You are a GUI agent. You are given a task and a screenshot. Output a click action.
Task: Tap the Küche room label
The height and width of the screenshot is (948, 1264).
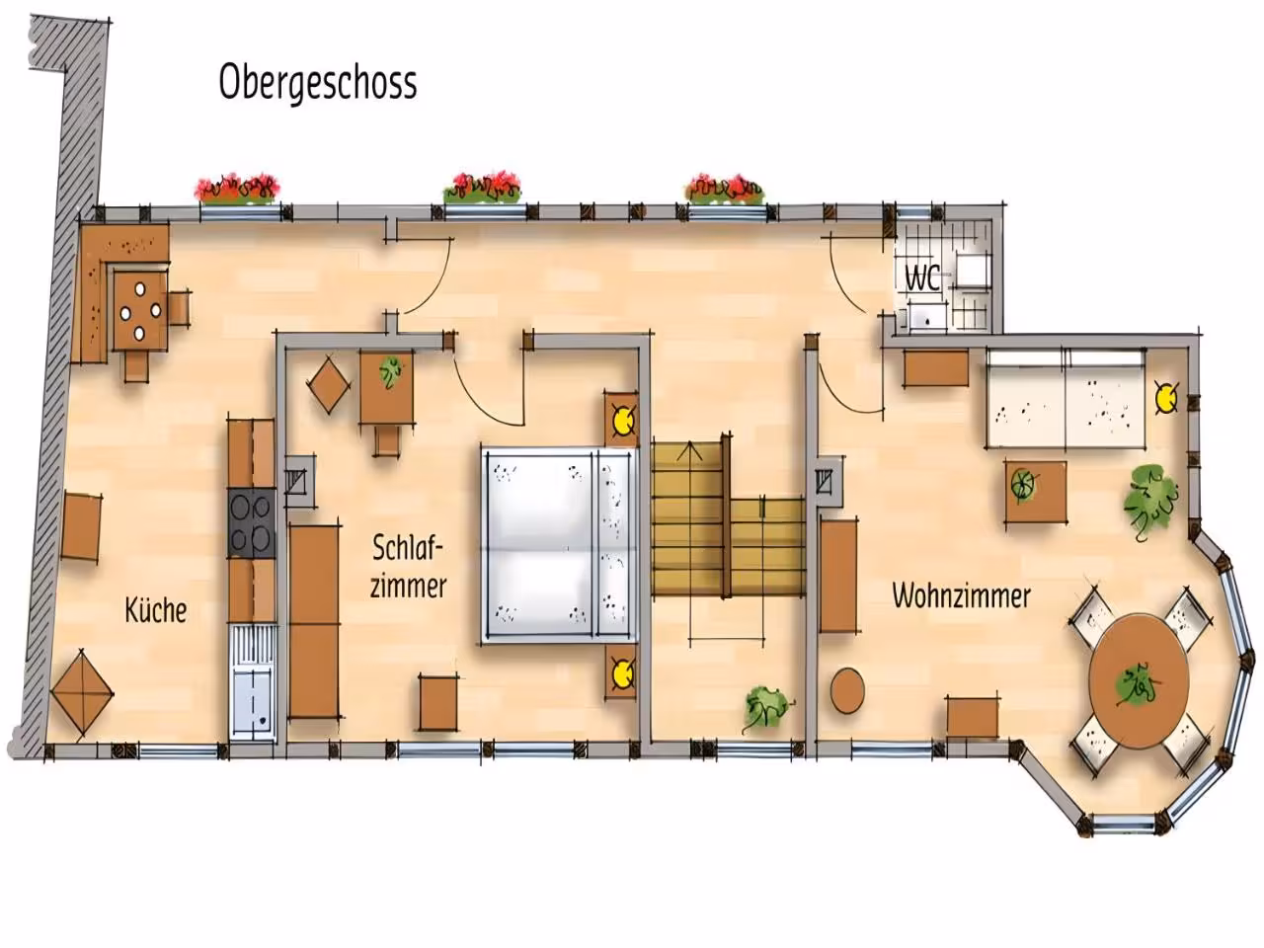pyautogui.click(x=156, y=610)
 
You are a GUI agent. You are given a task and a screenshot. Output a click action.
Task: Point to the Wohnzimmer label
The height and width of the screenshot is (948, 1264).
pyautogui.click(x=961, y=595)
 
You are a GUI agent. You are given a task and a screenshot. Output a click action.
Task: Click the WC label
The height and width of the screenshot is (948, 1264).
pyautogui.click(x=922, y=278)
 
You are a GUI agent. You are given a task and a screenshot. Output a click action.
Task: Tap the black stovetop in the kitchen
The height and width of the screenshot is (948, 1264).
pyautogui.click(x=252, y=523)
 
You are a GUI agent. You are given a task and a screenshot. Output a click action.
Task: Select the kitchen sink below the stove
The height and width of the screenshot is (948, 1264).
pyautogui.click(x=253, y=683)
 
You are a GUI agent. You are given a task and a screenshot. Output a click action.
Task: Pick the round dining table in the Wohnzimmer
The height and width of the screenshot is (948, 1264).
pyautogui.click(x=1139, y=681)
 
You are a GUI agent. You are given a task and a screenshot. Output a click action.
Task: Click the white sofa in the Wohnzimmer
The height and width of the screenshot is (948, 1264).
pyautogui.click(x=1066, y=398)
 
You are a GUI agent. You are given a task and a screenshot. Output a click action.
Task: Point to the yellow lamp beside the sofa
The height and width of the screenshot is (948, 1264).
pyautogui.click(x=1166, y=397)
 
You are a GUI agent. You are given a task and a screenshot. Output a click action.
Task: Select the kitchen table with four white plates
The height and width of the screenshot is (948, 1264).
pyautogui.click(x=140, y=311)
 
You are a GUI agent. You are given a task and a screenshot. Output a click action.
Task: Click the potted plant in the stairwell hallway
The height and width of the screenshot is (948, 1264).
pyautogui.click(x=766, y=707)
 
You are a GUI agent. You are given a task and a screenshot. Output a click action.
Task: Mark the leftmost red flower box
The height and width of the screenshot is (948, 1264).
pyautogui.click(x=237, y=189)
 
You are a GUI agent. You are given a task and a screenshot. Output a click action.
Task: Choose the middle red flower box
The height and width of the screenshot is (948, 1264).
pyautogui.click(x=483, y=187)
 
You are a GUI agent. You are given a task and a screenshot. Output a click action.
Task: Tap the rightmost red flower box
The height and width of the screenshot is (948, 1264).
pyautogui.click(x=725, y=189)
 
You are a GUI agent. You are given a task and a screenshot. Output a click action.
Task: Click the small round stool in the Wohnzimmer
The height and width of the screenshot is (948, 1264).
pyautogui.click(x=847, y=690)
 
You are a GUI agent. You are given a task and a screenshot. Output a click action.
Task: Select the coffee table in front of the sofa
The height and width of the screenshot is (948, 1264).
pyautogui.click(x=1035, y=491)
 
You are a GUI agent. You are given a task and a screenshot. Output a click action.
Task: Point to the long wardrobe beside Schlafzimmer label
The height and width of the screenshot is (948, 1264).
pyautogui.click(x=314, y=621)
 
